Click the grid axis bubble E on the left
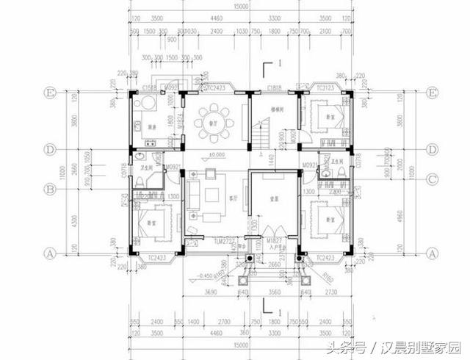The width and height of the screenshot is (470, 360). point(51,93)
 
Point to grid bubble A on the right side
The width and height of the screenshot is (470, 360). point(433,252)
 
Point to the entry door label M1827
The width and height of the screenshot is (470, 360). point(273,240)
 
